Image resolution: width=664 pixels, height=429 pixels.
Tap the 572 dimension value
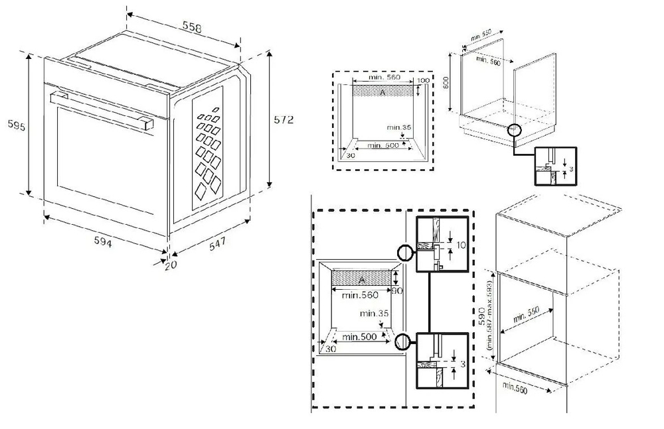point(283,119)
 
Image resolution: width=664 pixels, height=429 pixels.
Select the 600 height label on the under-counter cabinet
point(447,83)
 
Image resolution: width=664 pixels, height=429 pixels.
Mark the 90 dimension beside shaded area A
point(398,290)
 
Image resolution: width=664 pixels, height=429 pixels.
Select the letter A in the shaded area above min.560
point(361,280)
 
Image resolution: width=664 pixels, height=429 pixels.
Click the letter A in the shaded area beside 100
point(381,92)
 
